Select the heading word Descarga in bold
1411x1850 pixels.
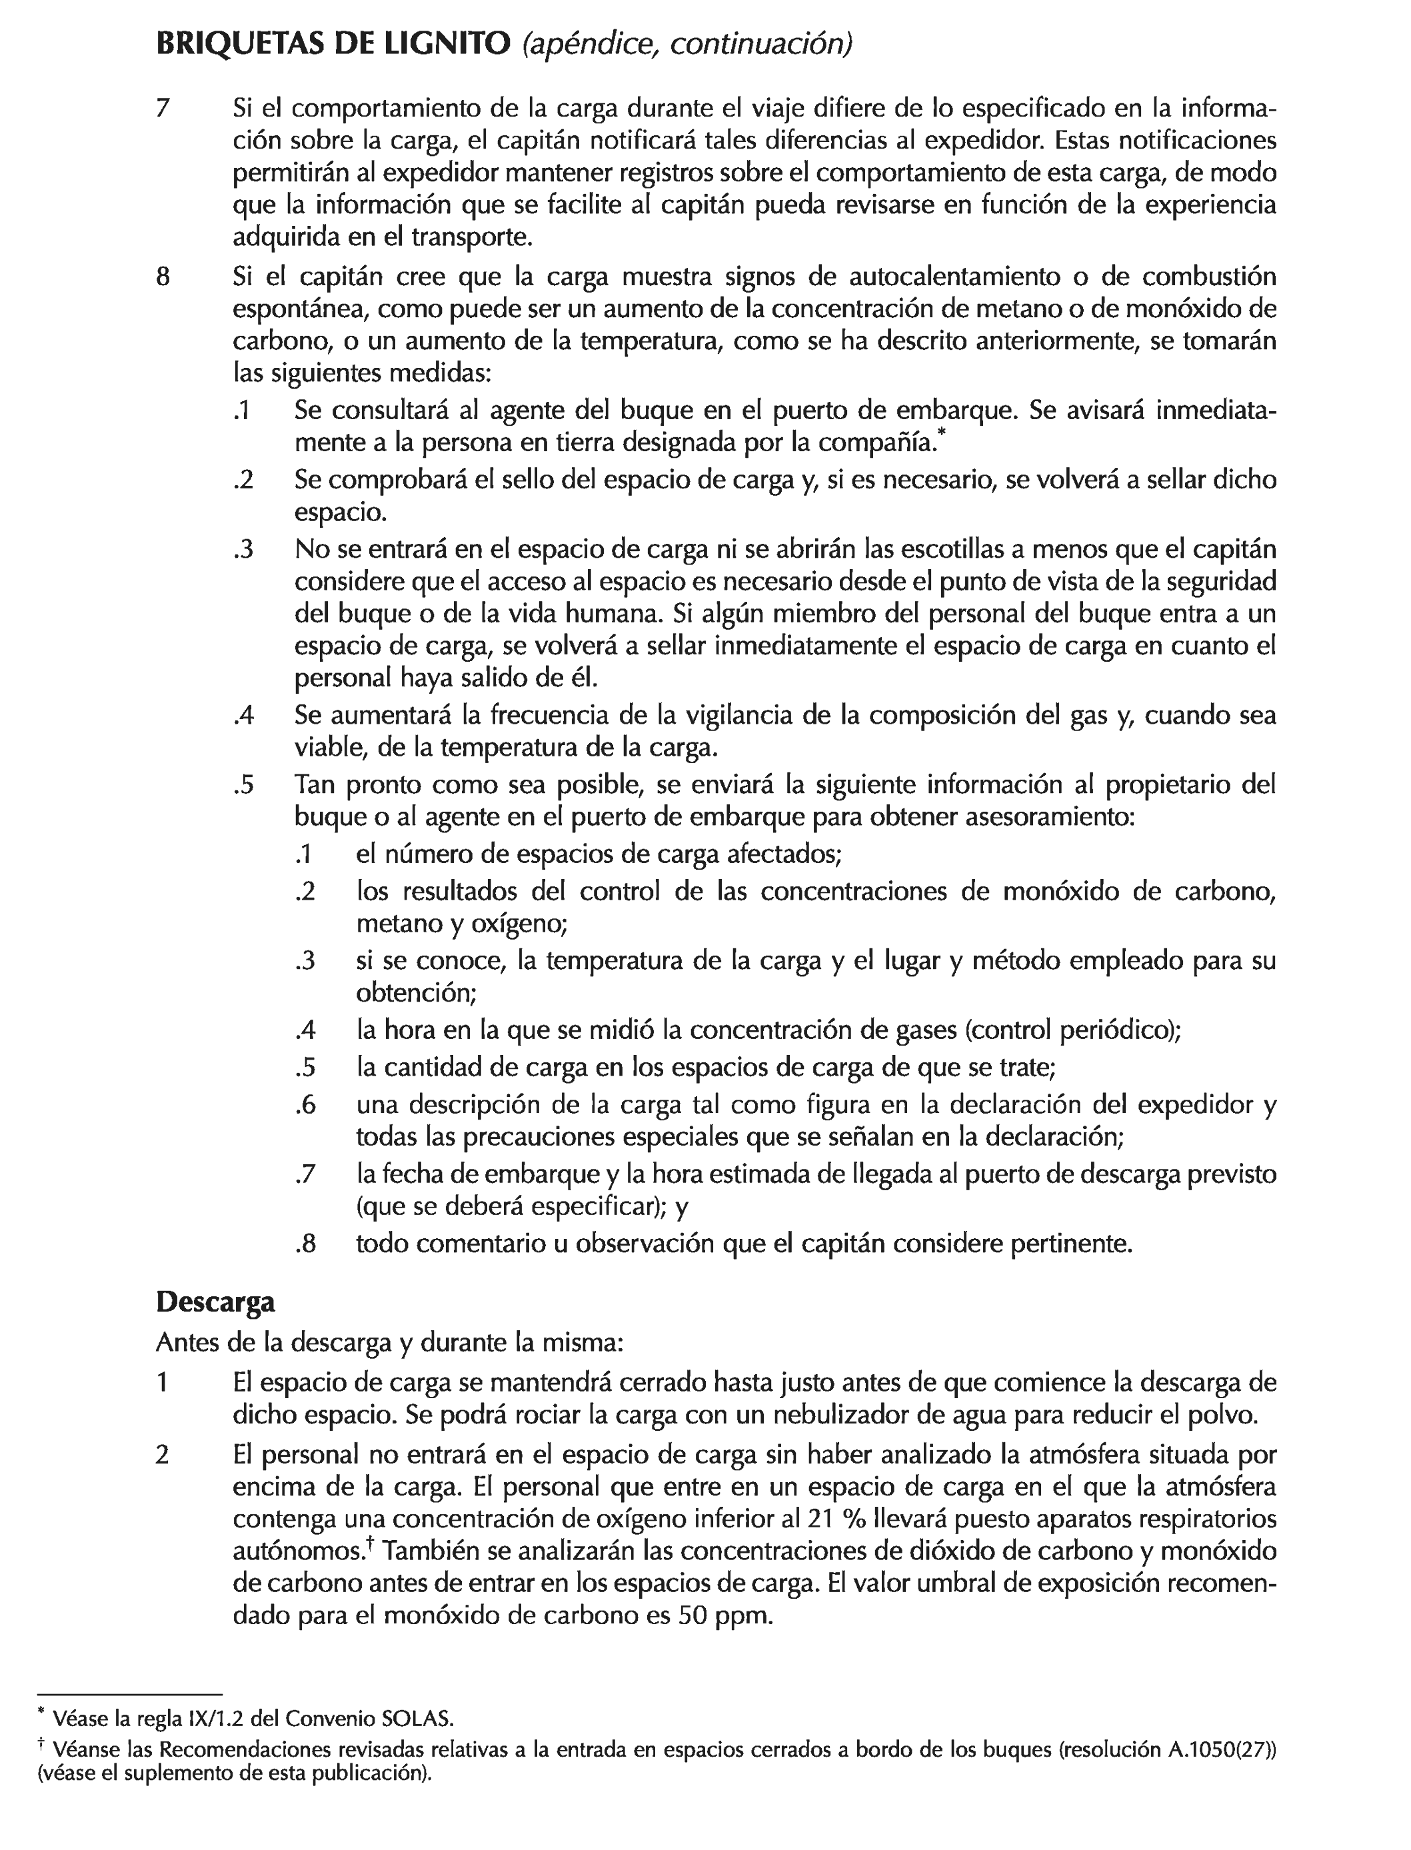pos(215,1302)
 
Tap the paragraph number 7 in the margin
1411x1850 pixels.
pos(163,109)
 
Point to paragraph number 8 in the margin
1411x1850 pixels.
pos(163,277)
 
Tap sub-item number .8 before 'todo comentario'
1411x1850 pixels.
pos(306,1243)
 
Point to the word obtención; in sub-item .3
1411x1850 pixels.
pos(416,994)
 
